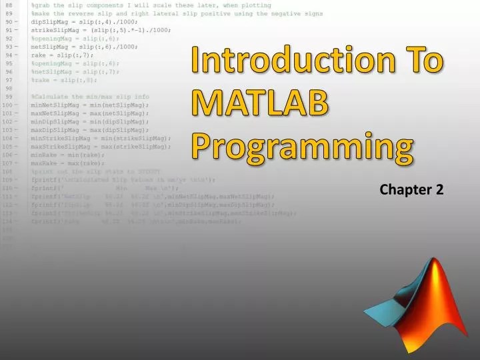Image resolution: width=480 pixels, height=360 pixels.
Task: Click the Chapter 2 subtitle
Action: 411,190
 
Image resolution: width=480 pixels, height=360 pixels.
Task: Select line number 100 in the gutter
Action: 8,105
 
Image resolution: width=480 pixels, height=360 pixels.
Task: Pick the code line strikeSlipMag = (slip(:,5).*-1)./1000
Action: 100,30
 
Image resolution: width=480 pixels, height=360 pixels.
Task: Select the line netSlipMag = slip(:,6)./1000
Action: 84,47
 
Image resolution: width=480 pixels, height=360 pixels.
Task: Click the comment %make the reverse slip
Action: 177,13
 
